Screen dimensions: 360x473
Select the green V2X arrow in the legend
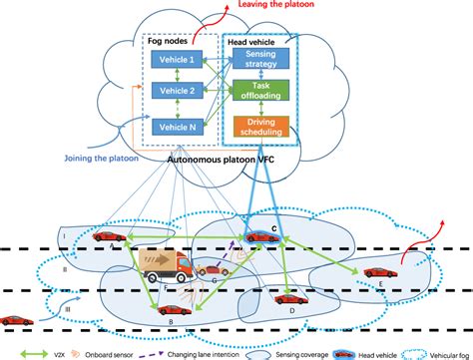pyautogui.click(x=18, y=352)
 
